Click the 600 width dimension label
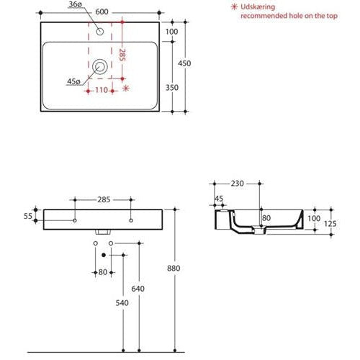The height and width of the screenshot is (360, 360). (x=102, y=12)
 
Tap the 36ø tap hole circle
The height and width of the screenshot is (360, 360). (x=100, y=32)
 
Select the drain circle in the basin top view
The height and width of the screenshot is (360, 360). (x=100, y=67)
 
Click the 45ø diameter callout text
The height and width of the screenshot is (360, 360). (x=73, y=81)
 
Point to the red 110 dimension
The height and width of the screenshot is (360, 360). (x=102, y=90)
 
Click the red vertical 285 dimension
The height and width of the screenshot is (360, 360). (x=122, y=55)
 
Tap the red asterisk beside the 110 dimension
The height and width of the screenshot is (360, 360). (x=126, y=88)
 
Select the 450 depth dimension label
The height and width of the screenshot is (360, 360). (x=184, y=63)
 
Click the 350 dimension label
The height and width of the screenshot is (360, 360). (x=172, y=88)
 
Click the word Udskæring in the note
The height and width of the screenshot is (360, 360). (x=258, y=6)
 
